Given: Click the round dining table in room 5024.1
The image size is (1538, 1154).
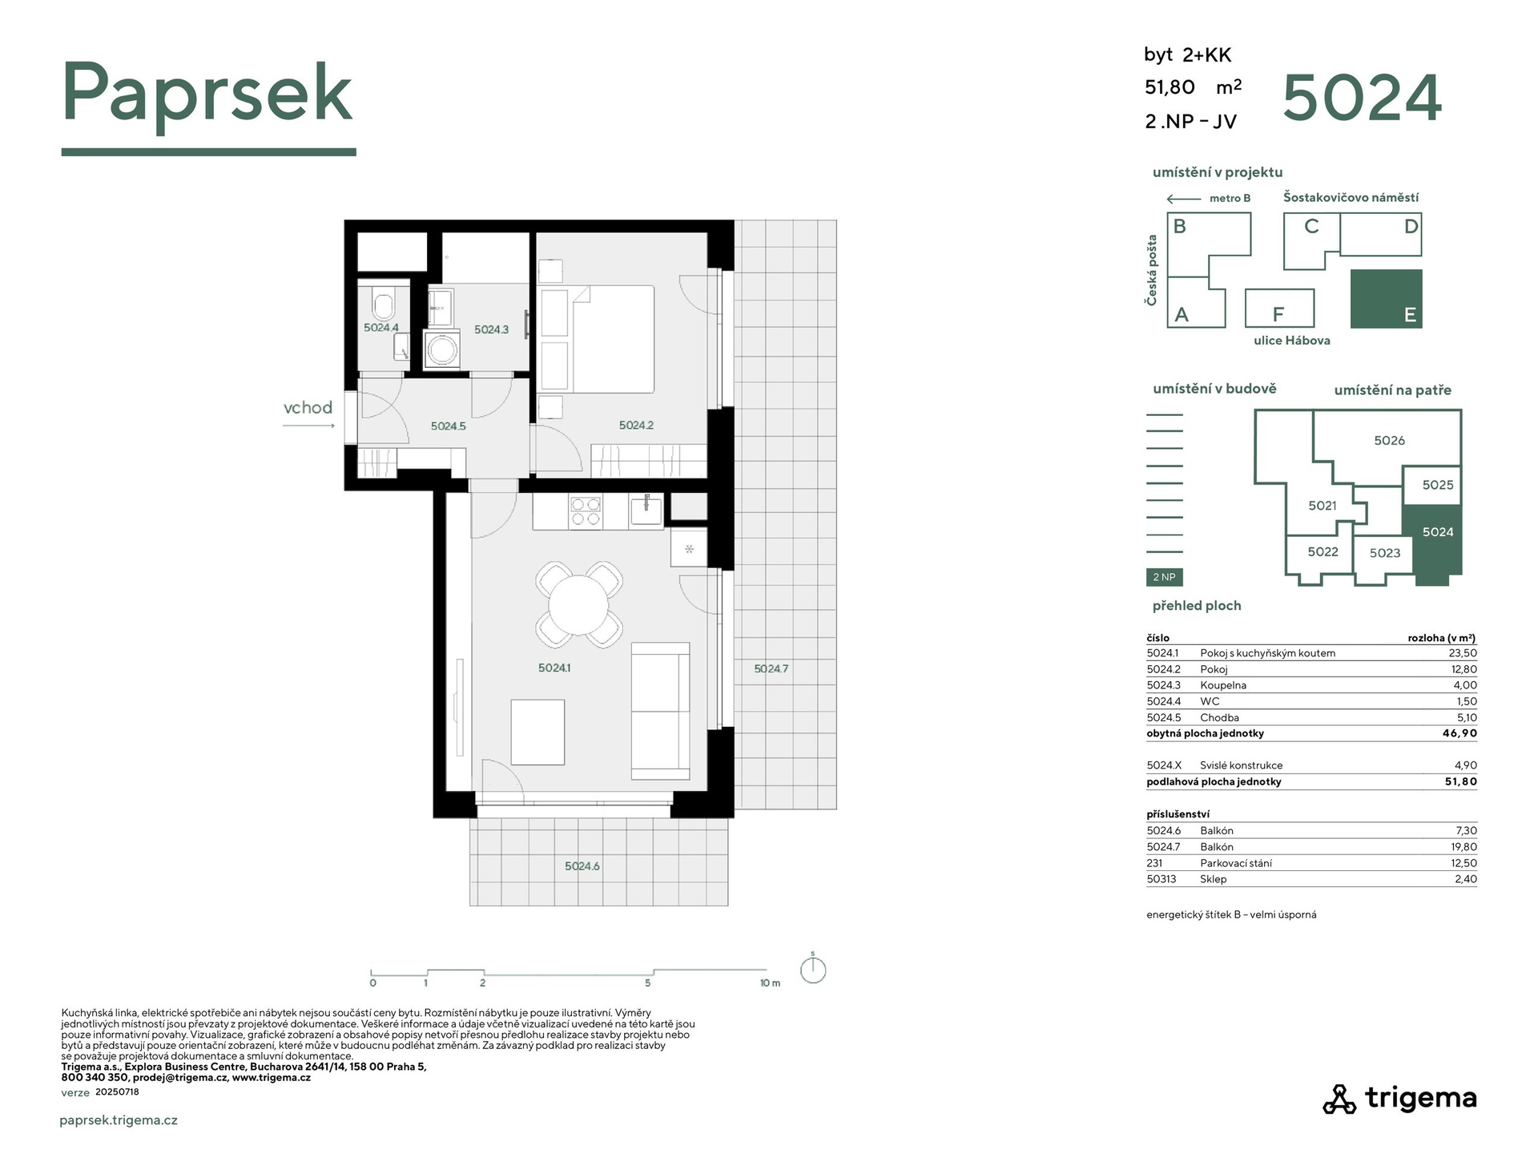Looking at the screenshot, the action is [x=578, y=604].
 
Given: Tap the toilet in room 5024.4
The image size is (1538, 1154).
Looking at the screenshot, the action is [x=384, y=304].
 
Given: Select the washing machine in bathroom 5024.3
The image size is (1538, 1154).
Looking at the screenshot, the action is [x=441, y=349].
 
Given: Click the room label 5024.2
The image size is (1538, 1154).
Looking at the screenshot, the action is [x=636, y=426].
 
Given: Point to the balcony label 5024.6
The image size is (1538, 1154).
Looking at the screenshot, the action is [x=582, y=866].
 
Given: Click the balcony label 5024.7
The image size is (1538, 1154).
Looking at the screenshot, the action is [x=771, y=668].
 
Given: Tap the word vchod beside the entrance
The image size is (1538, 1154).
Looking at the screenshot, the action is [x=308, y=408].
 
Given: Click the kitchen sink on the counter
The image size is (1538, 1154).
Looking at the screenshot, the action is [x=646, y=510].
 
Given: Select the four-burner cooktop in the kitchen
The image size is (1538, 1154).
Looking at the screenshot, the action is [x=586, y=511].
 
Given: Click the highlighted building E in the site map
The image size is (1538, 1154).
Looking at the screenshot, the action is [x=1387, y=299].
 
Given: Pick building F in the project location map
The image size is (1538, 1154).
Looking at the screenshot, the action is [x=1279, y=309].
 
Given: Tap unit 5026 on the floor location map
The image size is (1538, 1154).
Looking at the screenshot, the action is [x=1389, y=441].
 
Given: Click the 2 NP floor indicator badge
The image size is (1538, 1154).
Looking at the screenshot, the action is [x=1165, y=577].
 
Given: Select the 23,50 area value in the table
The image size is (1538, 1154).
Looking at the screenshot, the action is [x=1464, y=653].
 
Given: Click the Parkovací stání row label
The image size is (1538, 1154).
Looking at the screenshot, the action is [x=1235, y=863].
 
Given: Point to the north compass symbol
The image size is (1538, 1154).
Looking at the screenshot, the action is [x=813, y=969].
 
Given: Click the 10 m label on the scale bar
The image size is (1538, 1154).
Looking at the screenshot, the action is [x=770, y=983].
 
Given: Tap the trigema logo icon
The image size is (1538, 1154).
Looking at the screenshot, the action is [x=1339, y=1100].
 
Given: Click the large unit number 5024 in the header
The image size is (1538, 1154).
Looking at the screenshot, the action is [x=1362, y=98].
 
